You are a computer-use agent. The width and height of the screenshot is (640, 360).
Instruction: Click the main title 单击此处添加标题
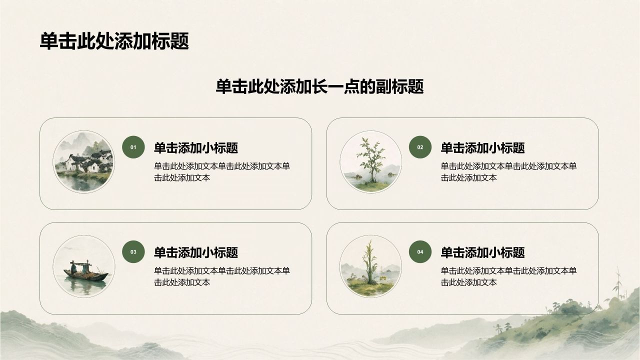114,41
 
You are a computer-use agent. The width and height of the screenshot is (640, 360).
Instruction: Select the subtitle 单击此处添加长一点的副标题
319,86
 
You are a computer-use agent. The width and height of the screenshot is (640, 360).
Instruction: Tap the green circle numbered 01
133,147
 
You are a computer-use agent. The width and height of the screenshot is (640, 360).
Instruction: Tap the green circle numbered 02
420,147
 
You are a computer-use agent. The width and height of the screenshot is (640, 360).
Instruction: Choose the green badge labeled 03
133,251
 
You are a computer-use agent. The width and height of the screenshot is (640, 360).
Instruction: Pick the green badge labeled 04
420,251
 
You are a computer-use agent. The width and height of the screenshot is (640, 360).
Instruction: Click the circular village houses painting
84,161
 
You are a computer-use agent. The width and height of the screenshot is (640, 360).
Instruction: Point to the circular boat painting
84,266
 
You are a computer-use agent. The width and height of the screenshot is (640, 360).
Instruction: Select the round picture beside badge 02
370,161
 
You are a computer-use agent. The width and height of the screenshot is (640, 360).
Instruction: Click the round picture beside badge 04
370,266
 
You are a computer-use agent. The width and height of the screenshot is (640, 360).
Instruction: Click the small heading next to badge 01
196,147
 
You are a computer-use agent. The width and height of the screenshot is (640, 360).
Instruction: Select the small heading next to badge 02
482,147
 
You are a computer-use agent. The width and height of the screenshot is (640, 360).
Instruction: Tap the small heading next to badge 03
196,252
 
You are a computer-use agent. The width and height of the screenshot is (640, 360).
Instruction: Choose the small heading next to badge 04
482,252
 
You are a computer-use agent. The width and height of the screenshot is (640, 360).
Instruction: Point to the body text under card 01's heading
222,172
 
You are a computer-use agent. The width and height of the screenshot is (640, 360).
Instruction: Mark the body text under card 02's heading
508,172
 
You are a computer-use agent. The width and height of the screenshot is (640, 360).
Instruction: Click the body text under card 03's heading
222,276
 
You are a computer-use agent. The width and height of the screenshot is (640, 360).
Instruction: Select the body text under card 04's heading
508,276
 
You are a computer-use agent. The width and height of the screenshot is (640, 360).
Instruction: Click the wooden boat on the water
85,273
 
